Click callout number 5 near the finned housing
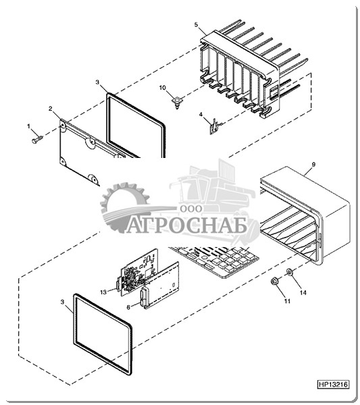pyautogui.click(x=196, y=24)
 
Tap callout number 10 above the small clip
pyautogui.click(x=163, y=88)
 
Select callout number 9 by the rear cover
pyautogui.click(x=313, y=164)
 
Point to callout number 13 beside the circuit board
pyautogui.click(x=103, y=292)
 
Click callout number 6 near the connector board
pyautogui.click(x=128, y=307)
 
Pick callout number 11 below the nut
pyautogui.click(x=287, y=301)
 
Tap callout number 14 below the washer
pyautogui.click(x=303, y=293)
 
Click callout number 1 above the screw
pyautogui.click(x=28, y=126)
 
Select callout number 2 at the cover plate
pyautogui.click(x=51, y=109)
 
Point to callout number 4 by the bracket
pyautogui.click(x=201, y=115)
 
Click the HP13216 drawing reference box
pyautogui.click(x=333, y=384)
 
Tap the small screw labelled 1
pyautogui.click(x=37, y=139)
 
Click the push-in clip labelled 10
pyautogui.click(x=177, y=102)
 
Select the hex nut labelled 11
pyautogui.click(x=274, y=281)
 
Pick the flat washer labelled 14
pyautogui.click(x=289, y=272)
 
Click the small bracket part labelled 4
pyautogui.click(x=214, y=127)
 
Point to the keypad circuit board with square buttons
pyautogui.click(x=214, y=261)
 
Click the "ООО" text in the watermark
pyautogui.click(x=191, y=209)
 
